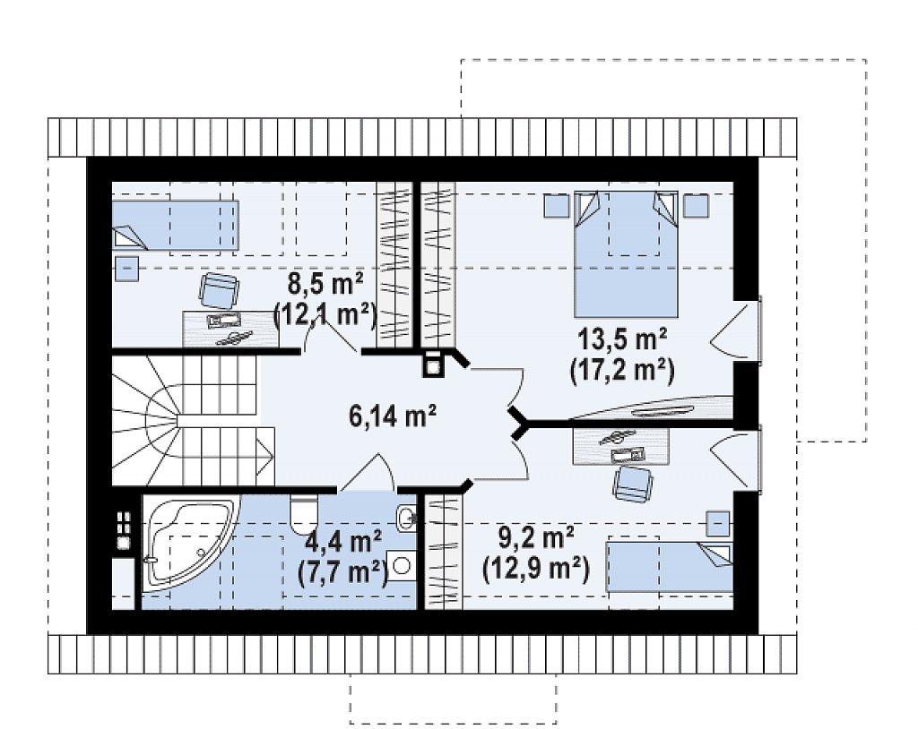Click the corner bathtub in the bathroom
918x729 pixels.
pyautogui.click(x=187, y=541)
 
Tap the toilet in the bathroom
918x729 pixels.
pyautogui.click(x=304, y=513)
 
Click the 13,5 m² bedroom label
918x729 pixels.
pyautogui.click(x=622, y=339)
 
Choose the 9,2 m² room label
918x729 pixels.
pyautogui.click(x=535, y=537)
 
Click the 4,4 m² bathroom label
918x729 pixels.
pyautogui.click(x=343, y=541)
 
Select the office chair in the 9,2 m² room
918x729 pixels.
pyautogui.click(x=632, y=484)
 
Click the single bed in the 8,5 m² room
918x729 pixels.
pyautogui.click(x=175, y=226)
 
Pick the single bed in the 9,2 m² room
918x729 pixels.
pyautogui.click(x=669, y=566)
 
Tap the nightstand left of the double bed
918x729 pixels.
pyautogui.click(x=557, y=205)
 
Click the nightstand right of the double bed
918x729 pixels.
pyautogui.click(x=696, y=205)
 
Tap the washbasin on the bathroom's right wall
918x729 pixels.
pyautogui.click(x=406, y=517)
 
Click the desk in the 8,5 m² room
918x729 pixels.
pyautogui.click(x=230, y=328)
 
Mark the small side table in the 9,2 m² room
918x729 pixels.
pyautogui.click(x=718, y=524)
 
